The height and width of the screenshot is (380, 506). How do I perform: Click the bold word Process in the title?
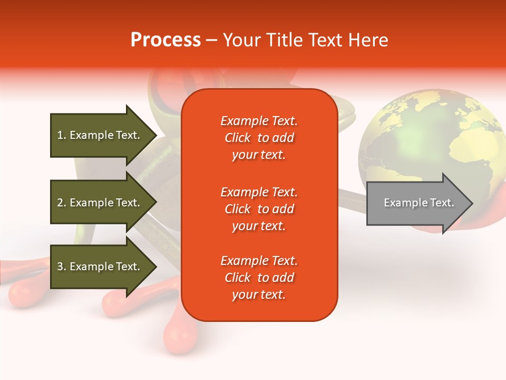[x=166, y=40]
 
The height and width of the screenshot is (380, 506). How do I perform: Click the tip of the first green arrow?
[x=154, y=135]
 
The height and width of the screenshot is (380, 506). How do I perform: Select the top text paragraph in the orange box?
[x=259, y=138]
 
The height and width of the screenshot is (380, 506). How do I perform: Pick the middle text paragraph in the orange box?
[x=259, y=209]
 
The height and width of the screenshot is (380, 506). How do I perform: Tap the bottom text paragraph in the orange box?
[x=259, y=278]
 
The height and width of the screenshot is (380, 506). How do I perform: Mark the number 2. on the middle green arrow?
[x=62, y=203]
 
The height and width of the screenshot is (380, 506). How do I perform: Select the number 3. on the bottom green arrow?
[x=62, y=267]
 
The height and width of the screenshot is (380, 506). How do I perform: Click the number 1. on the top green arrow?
[x=61, y=135]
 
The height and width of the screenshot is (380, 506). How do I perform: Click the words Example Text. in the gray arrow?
[x=419, y=203]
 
